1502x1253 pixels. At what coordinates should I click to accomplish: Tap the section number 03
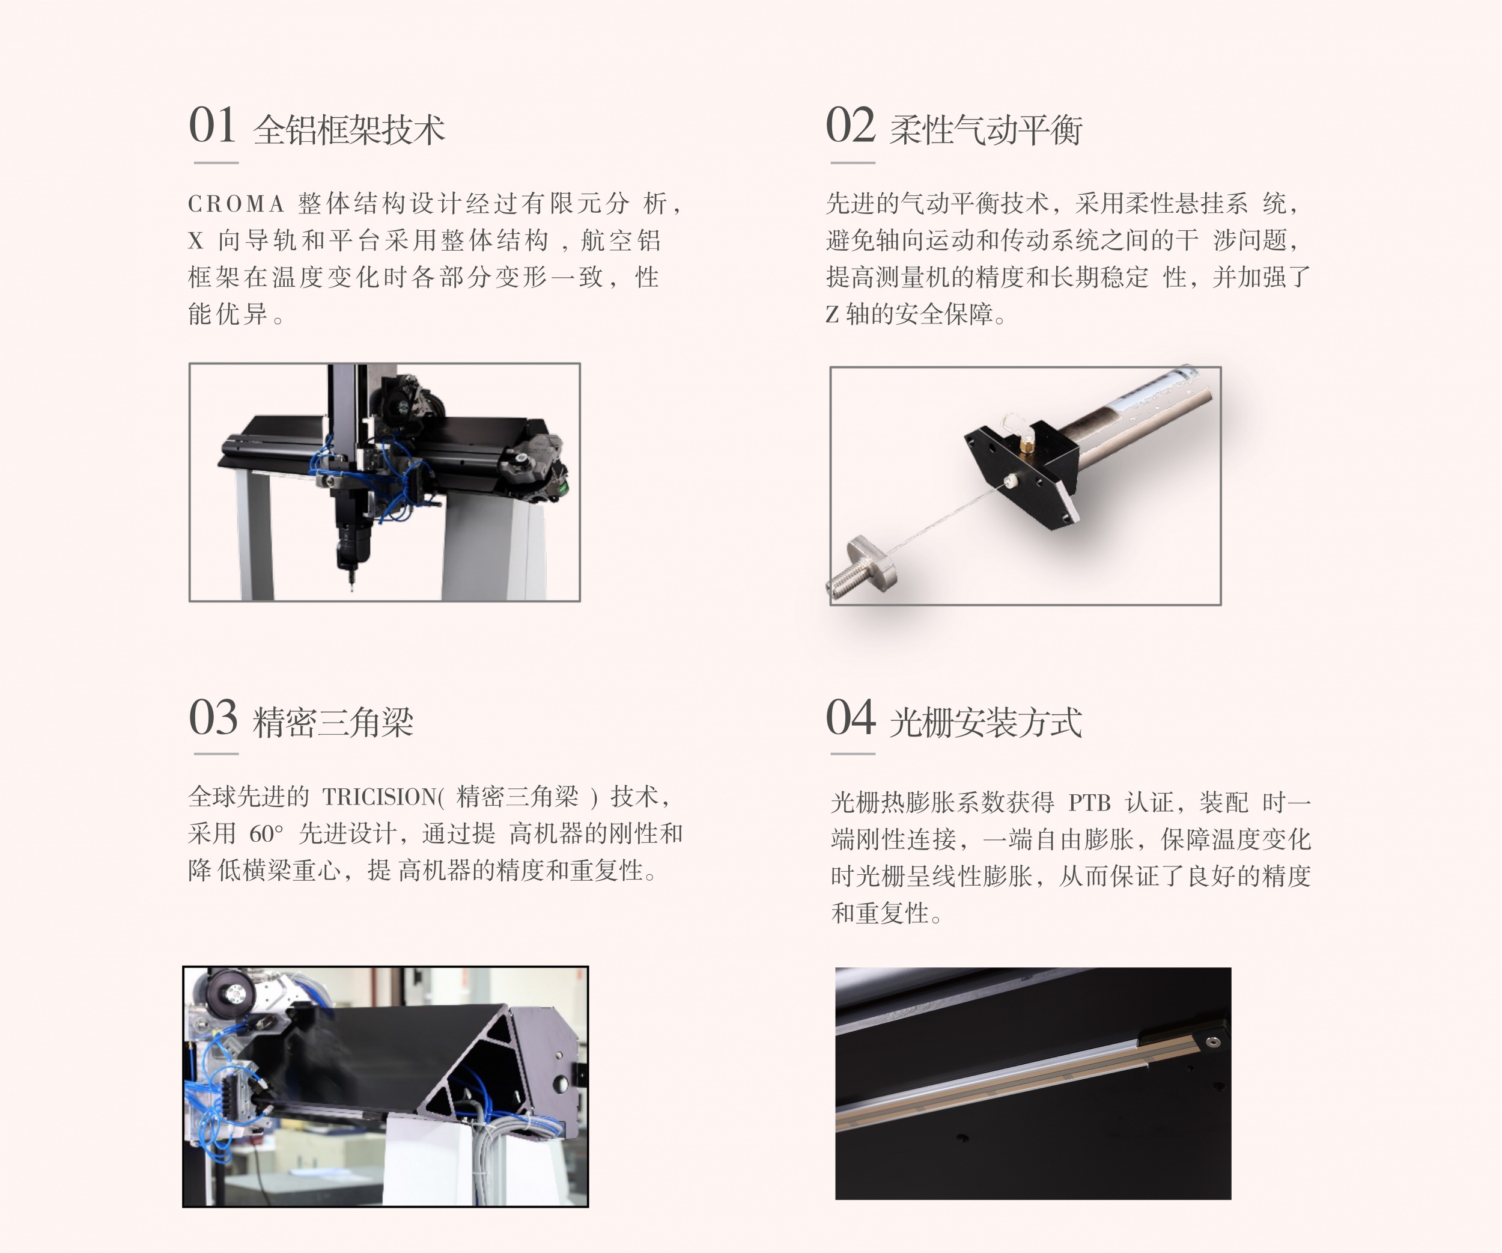pyautogui.click(x=213, y=717)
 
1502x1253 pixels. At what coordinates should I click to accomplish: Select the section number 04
pyautogui.click(x=850, y=717)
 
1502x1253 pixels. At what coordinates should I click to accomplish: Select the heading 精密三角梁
pyautogui.click(x=333, y=722)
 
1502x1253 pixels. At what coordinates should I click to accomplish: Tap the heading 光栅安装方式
pyautogui.click(x=985, y=722)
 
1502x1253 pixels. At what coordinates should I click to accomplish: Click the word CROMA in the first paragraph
pyautogui.click(x=237, y=204)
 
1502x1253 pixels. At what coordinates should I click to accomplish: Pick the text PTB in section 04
pyautogui.click(x=1089, y=803)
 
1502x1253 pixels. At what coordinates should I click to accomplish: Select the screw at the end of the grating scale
pyautogui.click(x=1212, y=1042)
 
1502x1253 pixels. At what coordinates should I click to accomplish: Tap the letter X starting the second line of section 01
pyautogui.click(x=196, y=240)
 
